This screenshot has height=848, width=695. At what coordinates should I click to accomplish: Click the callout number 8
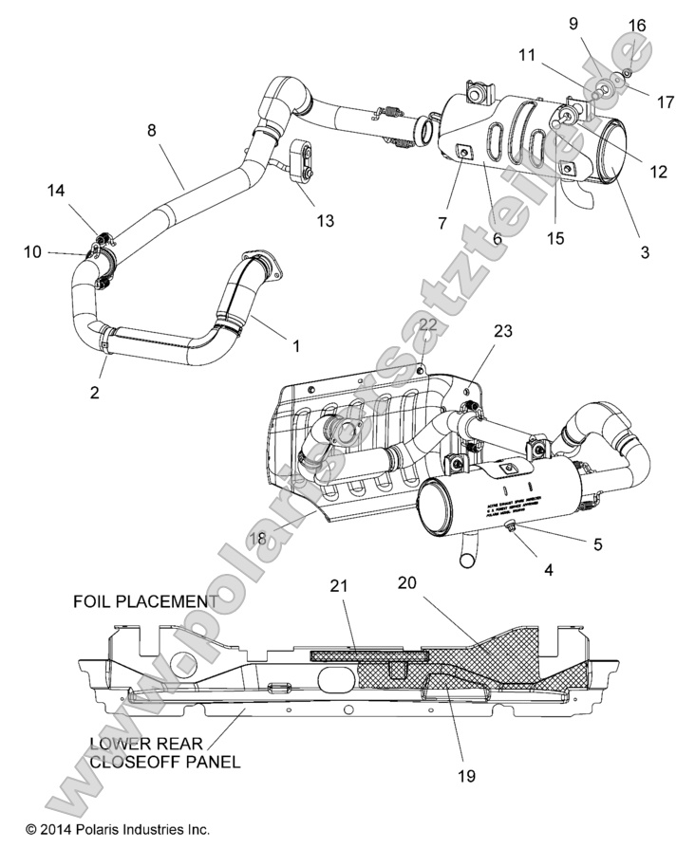[x=151, y=131]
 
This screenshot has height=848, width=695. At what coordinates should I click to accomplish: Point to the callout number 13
[x=325, y=221]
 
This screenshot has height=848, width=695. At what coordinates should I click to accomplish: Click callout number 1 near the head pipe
[x=296, y=346]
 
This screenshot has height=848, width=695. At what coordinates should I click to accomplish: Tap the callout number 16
[x=637, y=26]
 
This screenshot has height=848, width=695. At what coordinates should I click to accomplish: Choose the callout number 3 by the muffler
[x=645, y=252]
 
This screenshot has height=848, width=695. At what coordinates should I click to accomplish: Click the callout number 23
[x=502, y=332]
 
